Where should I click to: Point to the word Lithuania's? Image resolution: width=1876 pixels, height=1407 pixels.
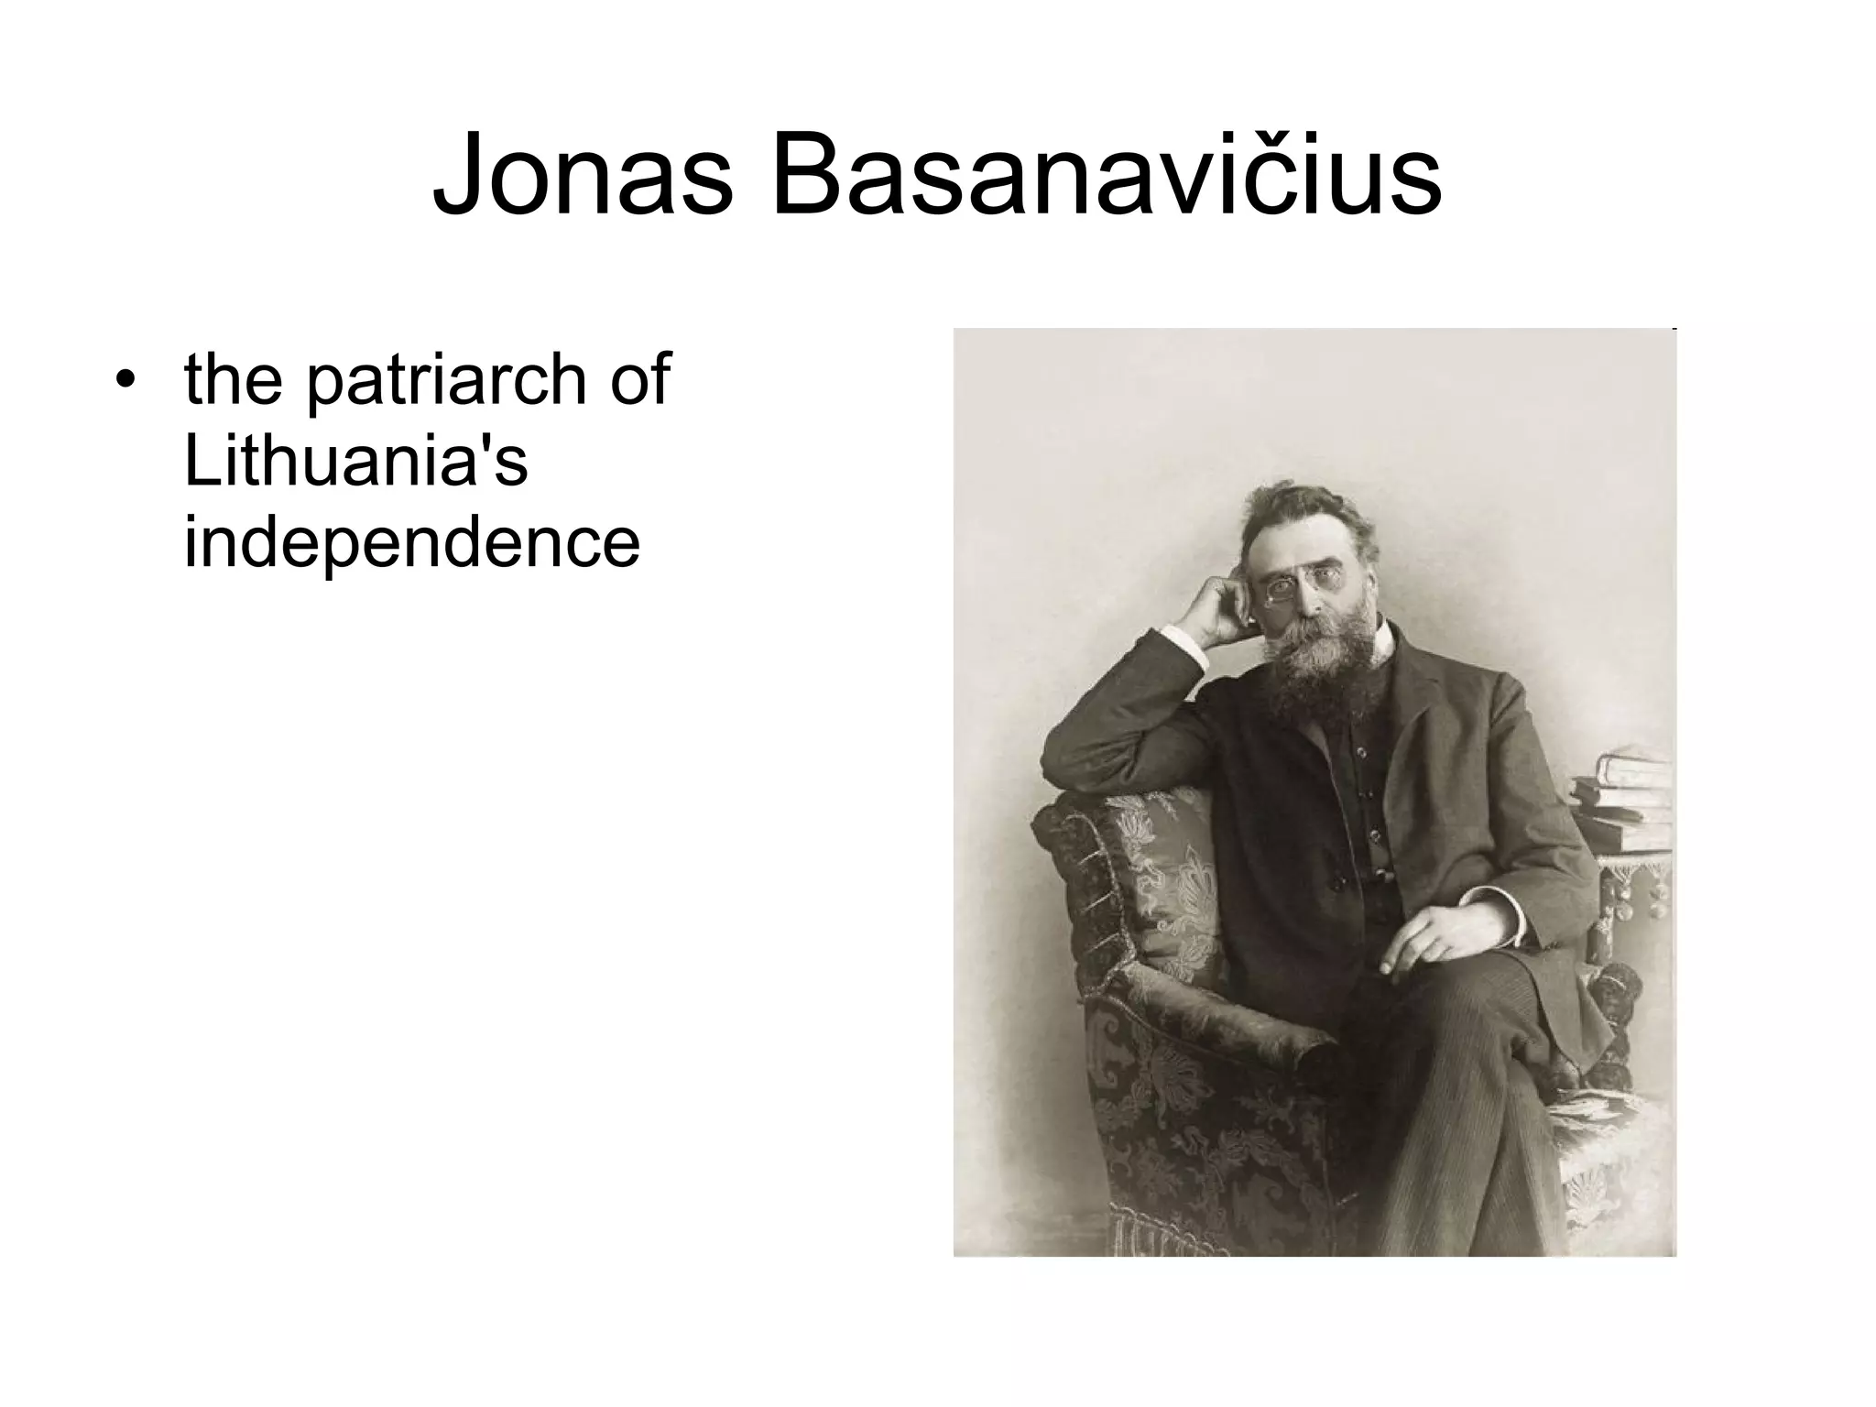[356, 461]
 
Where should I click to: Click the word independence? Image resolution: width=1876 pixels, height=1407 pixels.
[412, 541]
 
